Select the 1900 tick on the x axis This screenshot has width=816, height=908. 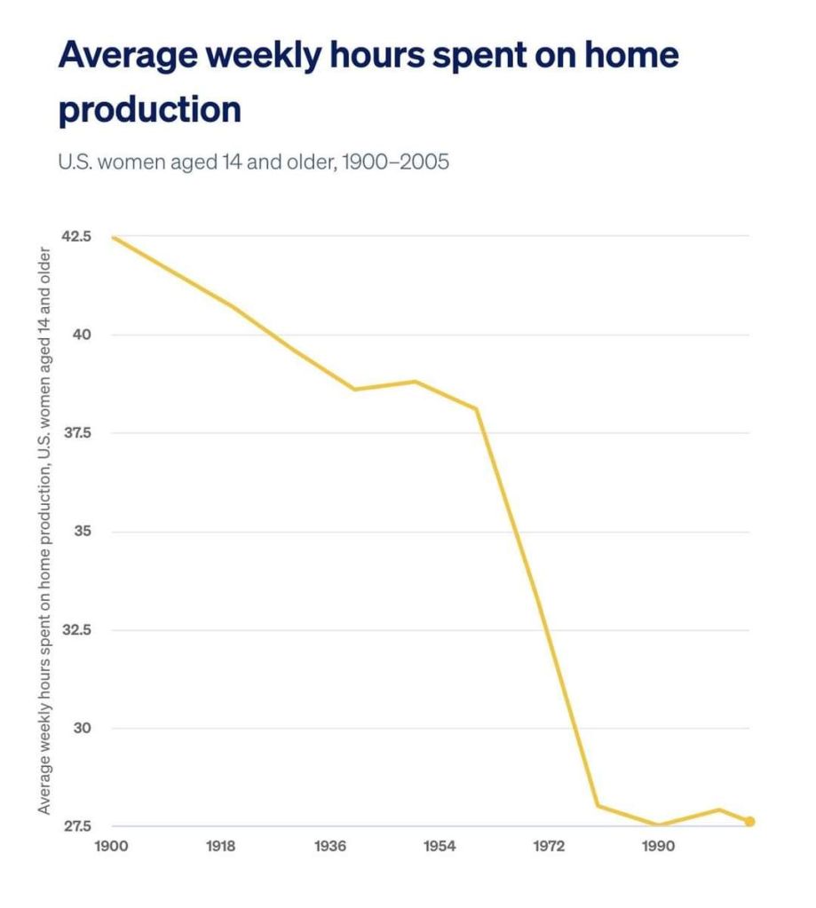(111, 846)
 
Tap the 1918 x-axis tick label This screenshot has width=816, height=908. (220, 846)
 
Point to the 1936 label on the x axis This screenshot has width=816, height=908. (329, 846)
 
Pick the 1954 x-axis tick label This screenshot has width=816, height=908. (440, 846)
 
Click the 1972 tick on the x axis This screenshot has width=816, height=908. (549, 846)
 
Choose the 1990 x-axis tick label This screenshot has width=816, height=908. (658, 846)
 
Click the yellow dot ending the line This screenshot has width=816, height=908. (749, 821)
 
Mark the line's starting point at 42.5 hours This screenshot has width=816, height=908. (112, 237)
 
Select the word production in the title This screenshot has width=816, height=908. (149, 109)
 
